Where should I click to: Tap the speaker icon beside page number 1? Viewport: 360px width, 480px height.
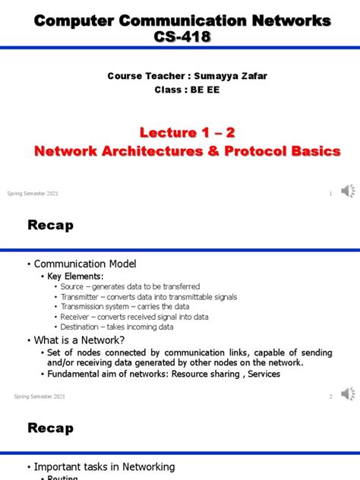[x=347, y=191]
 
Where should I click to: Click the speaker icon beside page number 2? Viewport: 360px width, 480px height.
[x=347, y=394]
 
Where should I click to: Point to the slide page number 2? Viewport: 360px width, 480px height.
[x=330, y=396]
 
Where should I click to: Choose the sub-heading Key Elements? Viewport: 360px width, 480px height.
[x=75, y=276]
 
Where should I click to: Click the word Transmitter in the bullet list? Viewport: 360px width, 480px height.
[x=83, y=297]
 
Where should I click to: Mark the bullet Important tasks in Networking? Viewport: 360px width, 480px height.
[x=106, y=466]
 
